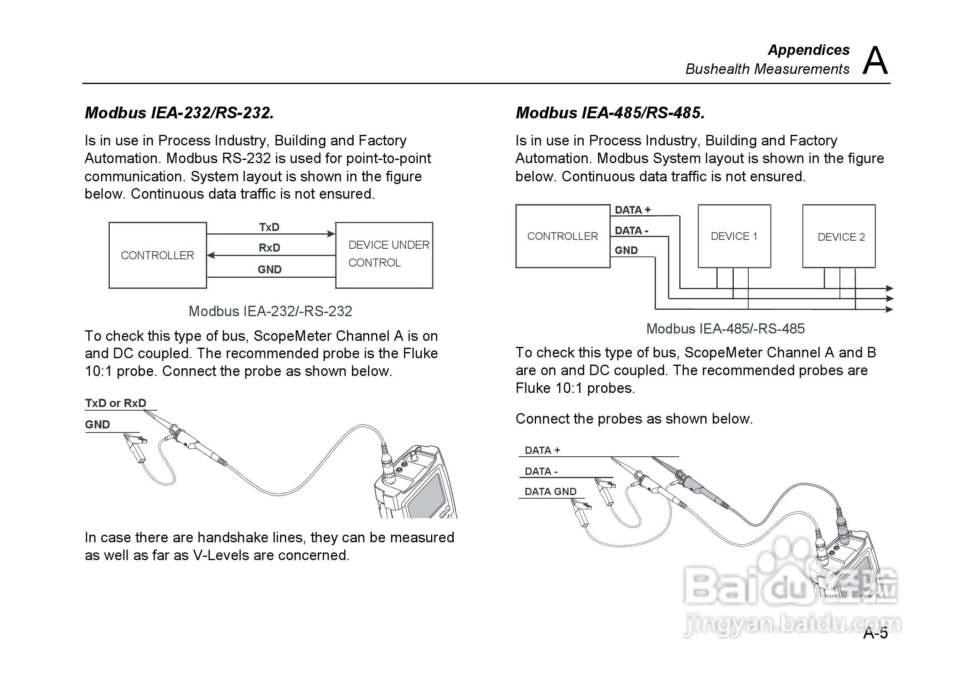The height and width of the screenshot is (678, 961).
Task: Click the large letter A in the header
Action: (x=875, y=61)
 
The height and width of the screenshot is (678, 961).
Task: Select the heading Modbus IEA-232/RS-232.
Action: (x=179, y=113)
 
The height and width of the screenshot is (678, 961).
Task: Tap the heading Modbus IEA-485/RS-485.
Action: (x=610, y=113)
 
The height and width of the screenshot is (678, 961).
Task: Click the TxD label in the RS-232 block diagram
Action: (x=269, y=227)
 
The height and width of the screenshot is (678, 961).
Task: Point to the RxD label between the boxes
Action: (x=269, y=248)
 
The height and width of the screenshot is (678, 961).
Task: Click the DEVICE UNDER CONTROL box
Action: (x=384, y=255)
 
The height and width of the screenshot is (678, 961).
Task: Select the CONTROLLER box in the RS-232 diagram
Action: (x=157, y=255)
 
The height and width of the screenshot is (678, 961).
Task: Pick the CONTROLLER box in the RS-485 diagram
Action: (x=562, y=236)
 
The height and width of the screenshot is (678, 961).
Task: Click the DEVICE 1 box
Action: (x=734, y=236)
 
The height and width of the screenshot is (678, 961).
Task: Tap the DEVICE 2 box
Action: (x=838, y=237)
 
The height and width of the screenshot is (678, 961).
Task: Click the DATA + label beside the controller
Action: (x=632, y=210)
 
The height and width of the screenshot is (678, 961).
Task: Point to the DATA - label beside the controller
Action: (x=631, y=231)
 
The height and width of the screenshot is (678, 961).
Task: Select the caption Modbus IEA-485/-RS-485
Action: (x=725, y=329)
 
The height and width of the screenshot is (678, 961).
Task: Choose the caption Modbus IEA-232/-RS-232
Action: (x=270, y=311)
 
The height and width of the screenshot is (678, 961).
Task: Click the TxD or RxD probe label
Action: (x=115, y=403)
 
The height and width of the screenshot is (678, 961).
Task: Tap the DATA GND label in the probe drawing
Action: (x=550, y=492)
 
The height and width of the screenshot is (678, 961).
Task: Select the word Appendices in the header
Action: (x=808, y=50)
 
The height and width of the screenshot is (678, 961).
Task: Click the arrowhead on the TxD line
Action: (x=331, y=234)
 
